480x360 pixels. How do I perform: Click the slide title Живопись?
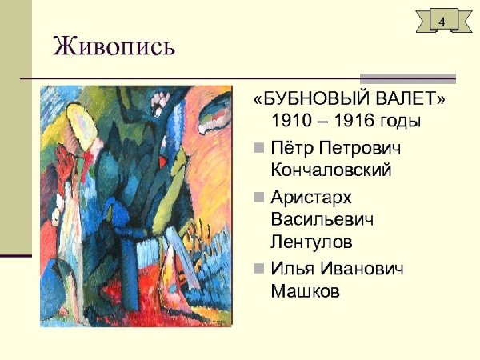click(x=113, y=47)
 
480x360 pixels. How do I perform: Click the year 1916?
click(x=350, y=122)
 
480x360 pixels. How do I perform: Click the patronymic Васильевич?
click(x=322, y=218)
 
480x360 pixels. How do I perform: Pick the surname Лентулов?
click(x=312, y=240)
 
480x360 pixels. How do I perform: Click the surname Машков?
click(x=306, y=289)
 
